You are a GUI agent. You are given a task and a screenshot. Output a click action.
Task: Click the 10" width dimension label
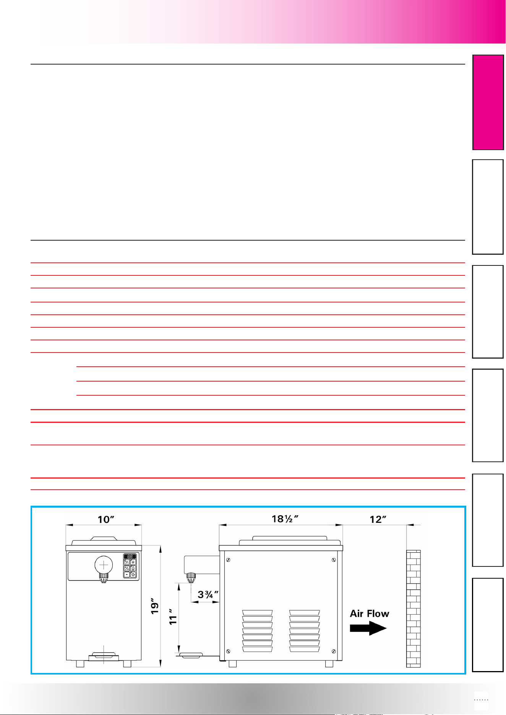[106, 519]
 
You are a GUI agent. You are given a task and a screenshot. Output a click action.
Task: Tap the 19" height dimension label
[155, 608]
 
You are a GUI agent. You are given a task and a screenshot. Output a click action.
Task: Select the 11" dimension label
[174, 617]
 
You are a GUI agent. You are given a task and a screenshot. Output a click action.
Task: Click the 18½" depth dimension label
[285, 519]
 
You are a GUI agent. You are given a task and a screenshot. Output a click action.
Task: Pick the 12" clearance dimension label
[378, 519]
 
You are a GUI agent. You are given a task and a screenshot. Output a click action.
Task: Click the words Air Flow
[370, 614]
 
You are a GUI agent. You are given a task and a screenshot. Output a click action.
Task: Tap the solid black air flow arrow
[368, 628]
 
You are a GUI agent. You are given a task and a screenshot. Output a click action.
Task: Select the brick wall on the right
[413, 609]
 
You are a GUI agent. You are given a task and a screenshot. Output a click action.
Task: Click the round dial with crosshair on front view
[104, 565]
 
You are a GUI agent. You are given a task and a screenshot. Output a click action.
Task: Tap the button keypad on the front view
[130, 566]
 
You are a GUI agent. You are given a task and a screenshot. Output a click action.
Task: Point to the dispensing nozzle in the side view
[191, 577]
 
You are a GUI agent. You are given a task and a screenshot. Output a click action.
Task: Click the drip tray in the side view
[191, 655]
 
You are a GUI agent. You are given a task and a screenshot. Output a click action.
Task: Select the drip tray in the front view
[104, 657]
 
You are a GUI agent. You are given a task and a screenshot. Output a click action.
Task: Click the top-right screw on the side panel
[334, 560]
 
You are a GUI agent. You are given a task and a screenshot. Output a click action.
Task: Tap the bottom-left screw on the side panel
[228, 651]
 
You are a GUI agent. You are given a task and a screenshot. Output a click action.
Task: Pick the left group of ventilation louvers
[257, 631]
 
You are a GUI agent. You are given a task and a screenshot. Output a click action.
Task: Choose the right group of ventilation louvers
[304, 631]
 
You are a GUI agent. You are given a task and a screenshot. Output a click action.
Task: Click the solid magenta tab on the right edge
[488, 102]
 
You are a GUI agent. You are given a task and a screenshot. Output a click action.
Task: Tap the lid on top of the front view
[104, 540]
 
